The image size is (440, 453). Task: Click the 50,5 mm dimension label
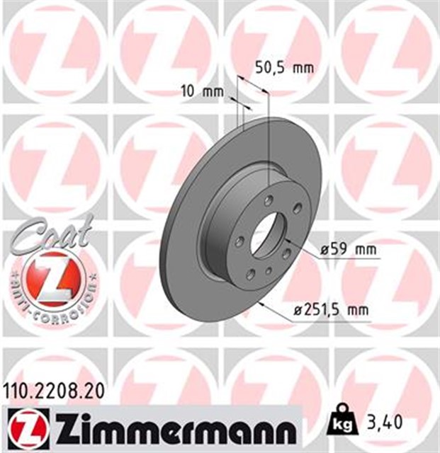pyautogui.click(x=283, y=69)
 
